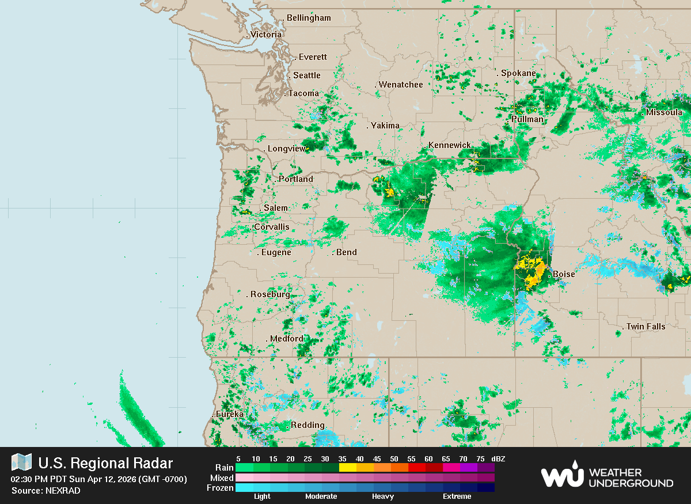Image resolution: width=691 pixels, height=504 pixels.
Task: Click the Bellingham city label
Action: (x=309, y=18)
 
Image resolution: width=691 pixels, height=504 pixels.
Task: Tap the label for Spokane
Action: (x=518, y=73)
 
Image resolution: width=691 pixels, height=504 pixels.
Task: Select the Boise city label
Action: (x=564, y=274)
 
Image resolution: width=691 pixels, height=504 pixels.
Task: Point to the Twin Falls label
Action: (x=646, y=327)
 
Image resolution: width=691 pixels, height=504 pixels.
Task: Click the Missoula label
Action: (x=664, y=112)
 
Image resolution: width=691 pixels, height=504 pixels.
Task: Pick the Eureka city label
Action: (x=229, y=414)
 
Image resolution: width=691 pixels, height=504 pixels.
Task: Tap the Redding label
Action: (x=307, y=425)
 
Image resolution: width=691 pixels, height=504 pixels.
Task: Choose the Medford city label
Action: (x=286, y=339)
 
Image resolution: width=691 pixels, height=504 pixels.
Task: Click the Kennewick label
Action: (x=450, y=145)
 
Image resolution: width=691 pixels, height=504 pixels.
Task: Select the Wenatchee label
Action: (x=401, y=85)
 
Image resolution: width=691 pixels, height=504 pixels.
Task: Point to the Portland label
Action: (x=296, y=179)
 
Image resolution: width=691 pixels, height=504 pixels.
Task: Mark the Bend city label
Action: (x=346, y=252)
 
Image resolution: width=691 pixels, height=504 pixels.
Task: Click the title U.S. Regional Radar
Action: (x=105, y=463)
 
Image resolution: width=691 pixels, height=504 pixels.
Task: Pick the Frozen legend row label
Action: (x=220, y=488)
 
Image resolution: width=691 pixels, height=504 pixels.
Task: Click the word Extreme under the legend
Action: (x=457, y=497)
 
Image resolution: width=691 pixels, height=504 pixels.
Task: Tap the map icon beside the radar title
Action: (x=21, y=462)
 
